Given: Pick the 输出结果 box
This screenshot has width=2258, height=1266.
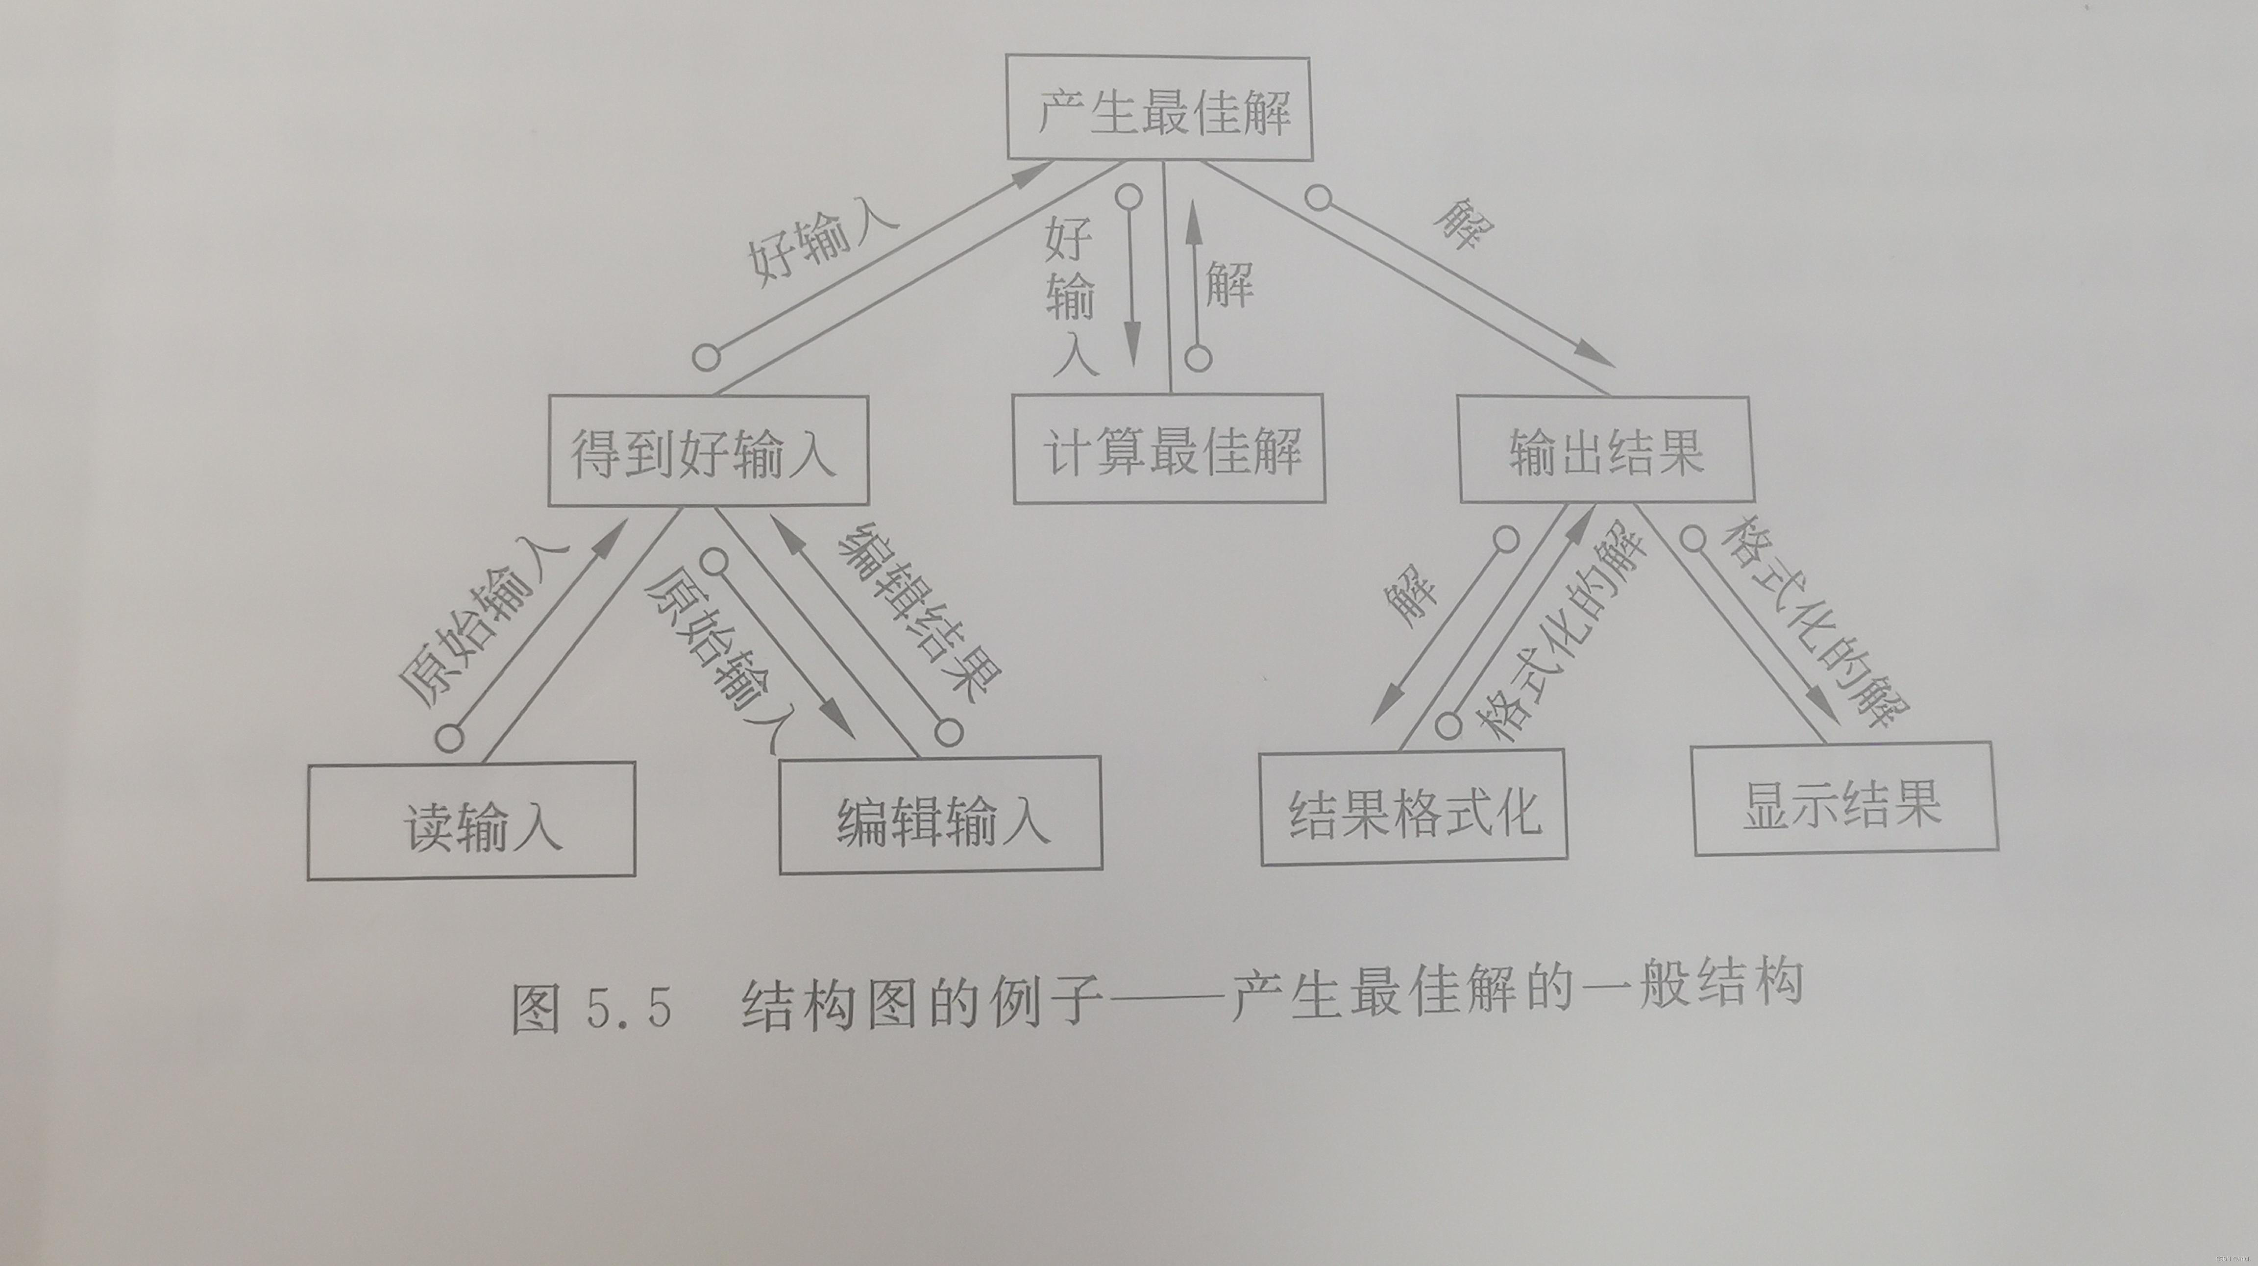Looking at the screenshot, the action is tap(1606, 450).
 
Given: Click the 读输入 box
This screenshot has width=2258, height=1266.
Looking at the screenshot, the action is tap(471, 820).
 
